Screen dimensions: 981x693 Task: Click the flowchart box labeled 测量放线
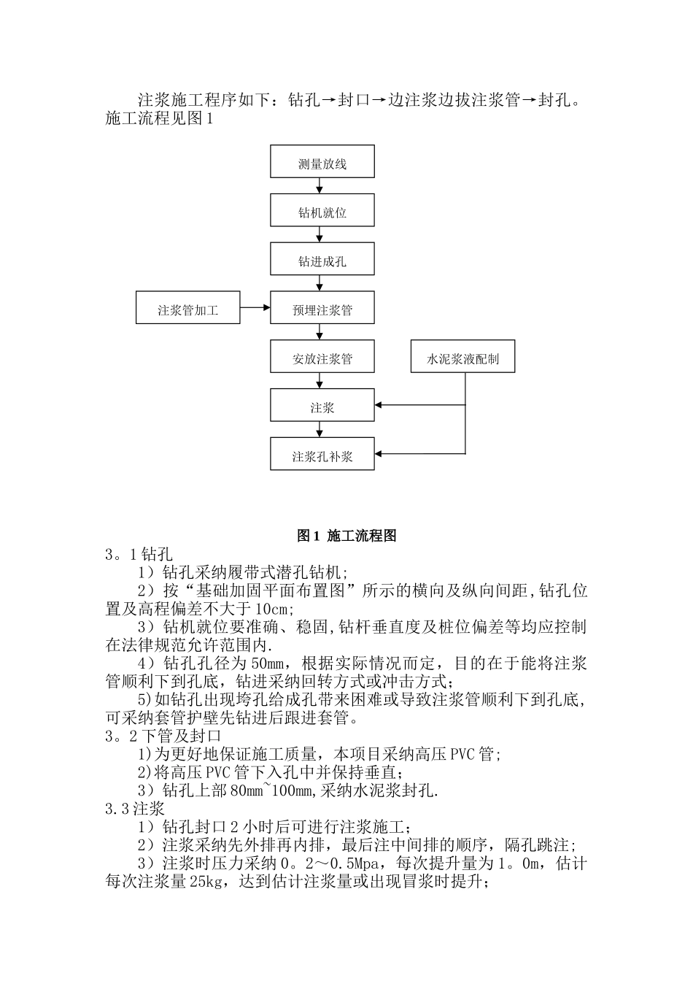coord(322,161)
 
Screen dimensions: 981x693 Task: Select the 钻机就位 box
coord(322,210)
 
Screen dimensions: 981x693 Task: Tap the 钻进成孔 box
coord(322,259)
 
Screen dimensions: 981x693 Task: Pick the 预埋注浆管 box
coord(322,308)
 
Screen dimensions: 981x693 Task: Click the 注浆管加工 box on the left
coord(187,308)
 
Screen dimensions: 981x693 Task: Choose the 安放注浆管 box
coord(322,357)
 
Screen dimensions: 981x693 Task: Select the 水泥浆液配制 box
coord(462,357)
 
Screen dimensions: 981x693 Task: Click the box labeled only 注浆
coord(322,406)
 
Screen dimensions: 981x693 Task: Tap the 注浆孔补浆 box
coord(322,454)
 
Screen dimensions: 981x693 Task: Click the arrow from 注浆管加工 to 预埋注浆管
coord(255,308)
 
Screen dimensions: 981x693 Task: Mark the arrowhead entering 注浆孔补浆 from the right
coord(379,454)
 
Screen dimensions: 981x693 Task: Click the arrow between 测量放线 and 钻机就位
coord(320,186)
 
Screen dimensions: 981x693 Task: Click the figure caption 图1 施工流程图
coord(346,536)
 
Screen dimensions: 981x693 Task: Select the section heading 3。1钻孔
coord(139,555)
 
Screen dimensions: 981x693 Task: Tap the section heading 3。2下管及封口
coord(163,736)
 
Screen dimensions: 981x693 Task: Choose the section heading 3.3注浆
coord(135,809)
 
